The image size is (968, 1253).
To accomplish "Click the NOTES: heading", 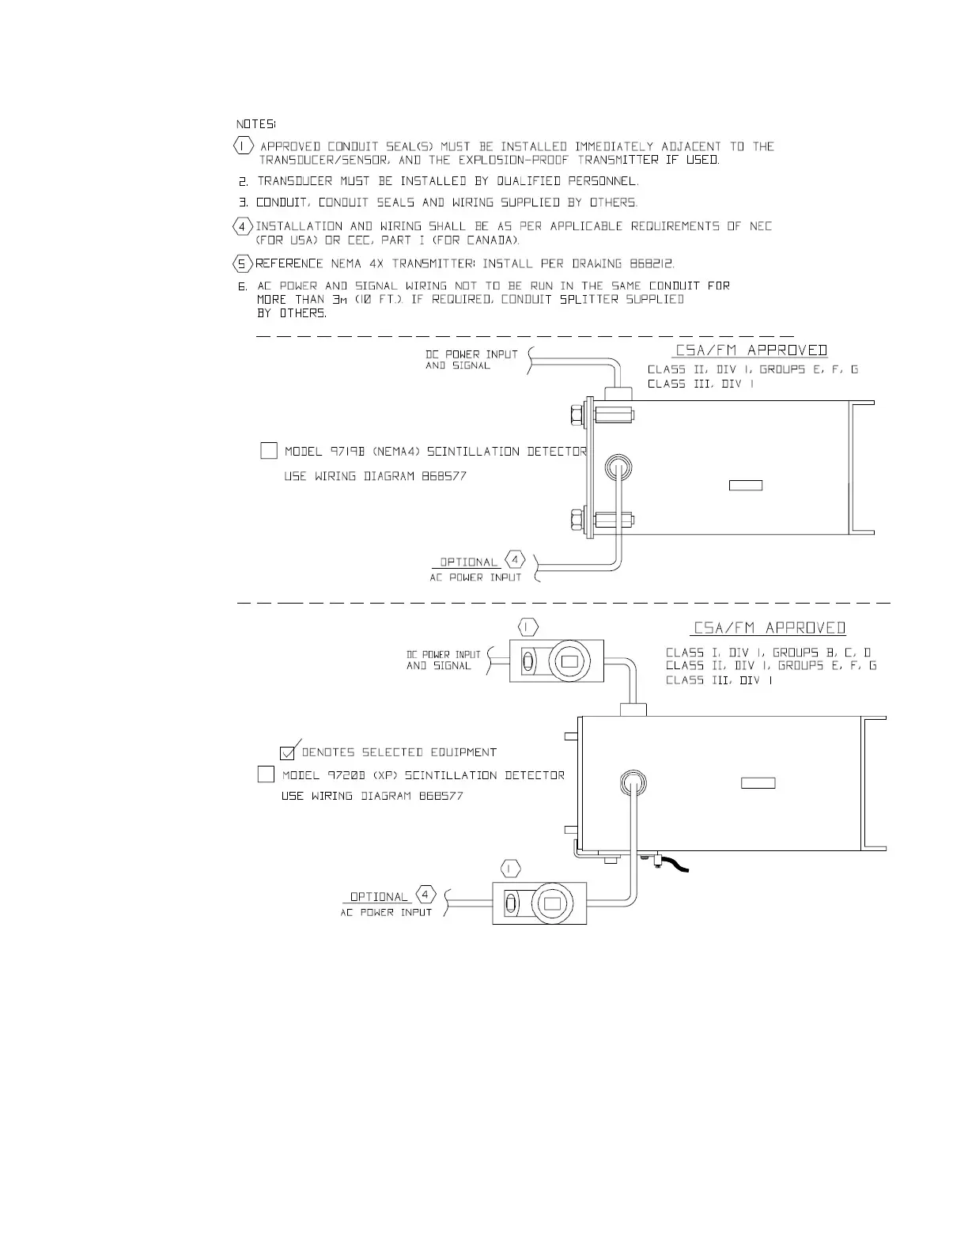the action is click(x=255, y=124).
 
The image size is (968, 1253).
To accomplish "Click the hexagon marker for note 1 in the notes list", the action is click(x=244, y=146).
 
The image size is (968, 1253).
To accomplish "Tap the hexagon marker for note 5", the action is click(x=243, y=263).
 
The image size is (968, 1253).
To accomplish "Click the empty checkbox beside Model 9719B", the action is click(x=268, y=451).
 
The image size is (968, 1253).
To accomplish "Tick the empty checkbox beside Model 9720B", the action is click(x=266, y=774).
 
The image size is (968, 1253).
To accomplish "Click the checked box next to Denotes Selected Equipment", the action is click(x=288, y=752).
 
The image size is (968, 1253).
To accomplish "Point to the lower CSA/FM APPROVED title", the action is click(x=769, y=628).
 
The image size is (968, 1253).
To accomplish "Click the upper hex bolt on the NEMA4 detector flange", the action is click(x=577, y=415).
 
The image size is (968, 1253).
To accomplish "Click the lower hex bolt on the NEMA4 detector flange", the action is click(x=577, y=521).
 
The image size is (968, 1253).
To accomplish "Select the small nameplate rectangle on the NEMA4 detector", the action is click(x=745, y=485).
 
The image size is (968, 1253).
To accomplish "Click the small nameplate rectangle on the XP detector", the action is click(x=758, y=783).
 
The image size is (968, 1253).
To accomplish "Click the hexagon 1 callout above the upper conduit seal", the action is click(x=528, y=627).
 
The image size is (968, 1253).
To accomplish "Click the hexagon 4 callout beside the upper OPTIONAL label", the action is click(x=515, y=560).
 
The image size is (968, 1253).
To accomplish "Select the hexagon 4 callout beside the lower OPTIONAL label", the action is click(x=425, y=895).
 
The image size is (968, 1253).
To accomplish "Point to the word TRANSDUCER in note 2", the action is click(x=295, y=181).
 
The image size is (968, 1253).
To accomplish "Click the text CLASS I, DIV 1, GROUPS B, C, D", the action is click(x=769, y=653).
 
